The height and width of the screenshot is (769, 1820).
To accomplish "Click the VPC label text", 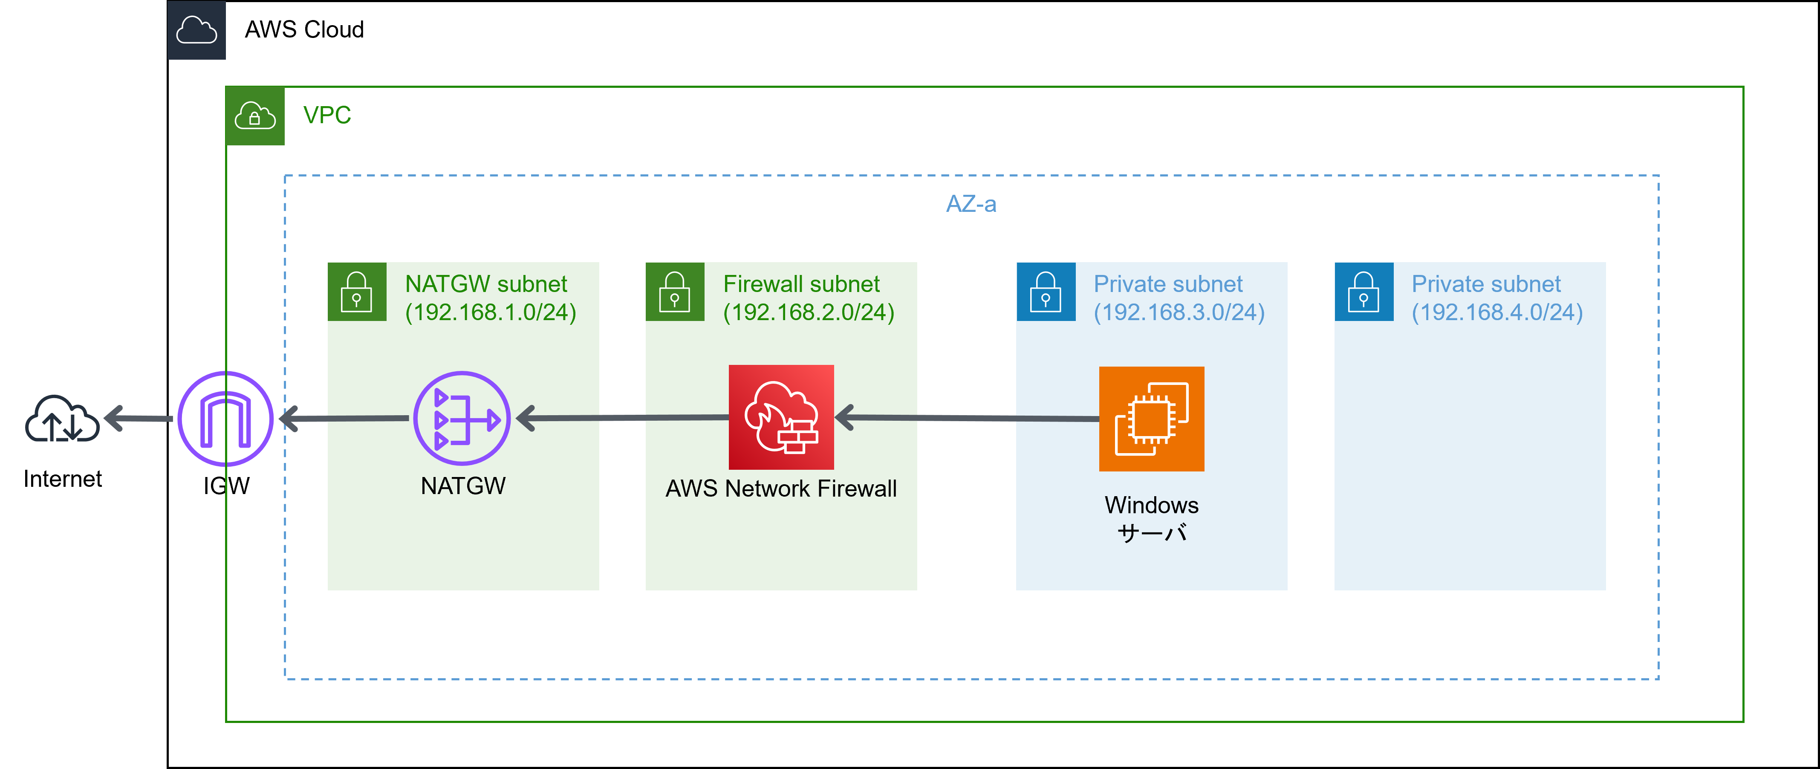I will point(326,115).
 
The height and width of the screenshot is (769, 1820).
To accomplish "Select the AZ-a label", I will point(971,204).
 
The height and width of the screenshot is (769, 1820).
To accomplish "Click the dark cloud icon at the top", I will point(196,30).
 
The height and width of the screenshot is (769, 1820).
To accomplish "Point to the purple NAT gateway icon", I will point(462,419).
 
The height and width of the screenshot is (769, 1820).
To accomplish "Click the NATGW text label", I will point(463,486).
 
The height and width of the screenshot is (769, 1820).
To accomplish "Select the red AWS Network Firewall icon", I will point(781,417).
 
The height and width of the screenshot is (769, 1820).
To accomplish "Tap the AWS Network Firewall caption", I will point(781,489).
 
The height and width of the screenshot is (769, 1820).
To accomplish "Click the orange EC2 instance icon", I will point(1152,419).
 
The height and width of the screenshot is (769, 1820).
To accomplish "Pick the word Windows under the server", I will point(1152,506).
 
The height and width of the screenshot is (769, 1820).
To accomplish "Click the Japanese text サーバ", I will point(1152,533).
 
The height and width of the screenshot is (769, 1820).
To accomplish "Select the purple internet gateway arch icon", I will point(225,419).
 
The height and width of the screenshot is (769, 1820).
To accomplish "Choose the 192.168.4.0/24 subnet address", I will point(1497,312).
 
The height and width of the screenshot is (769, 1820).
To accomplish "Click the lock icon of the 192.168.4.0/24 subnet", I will point(1364,292).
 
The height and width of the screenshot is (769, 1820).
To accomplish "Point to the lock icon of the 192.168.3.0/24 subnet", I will point(1046,292).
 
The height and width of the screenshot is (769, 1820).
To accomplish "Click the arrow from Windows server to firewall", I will point(968,419).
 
